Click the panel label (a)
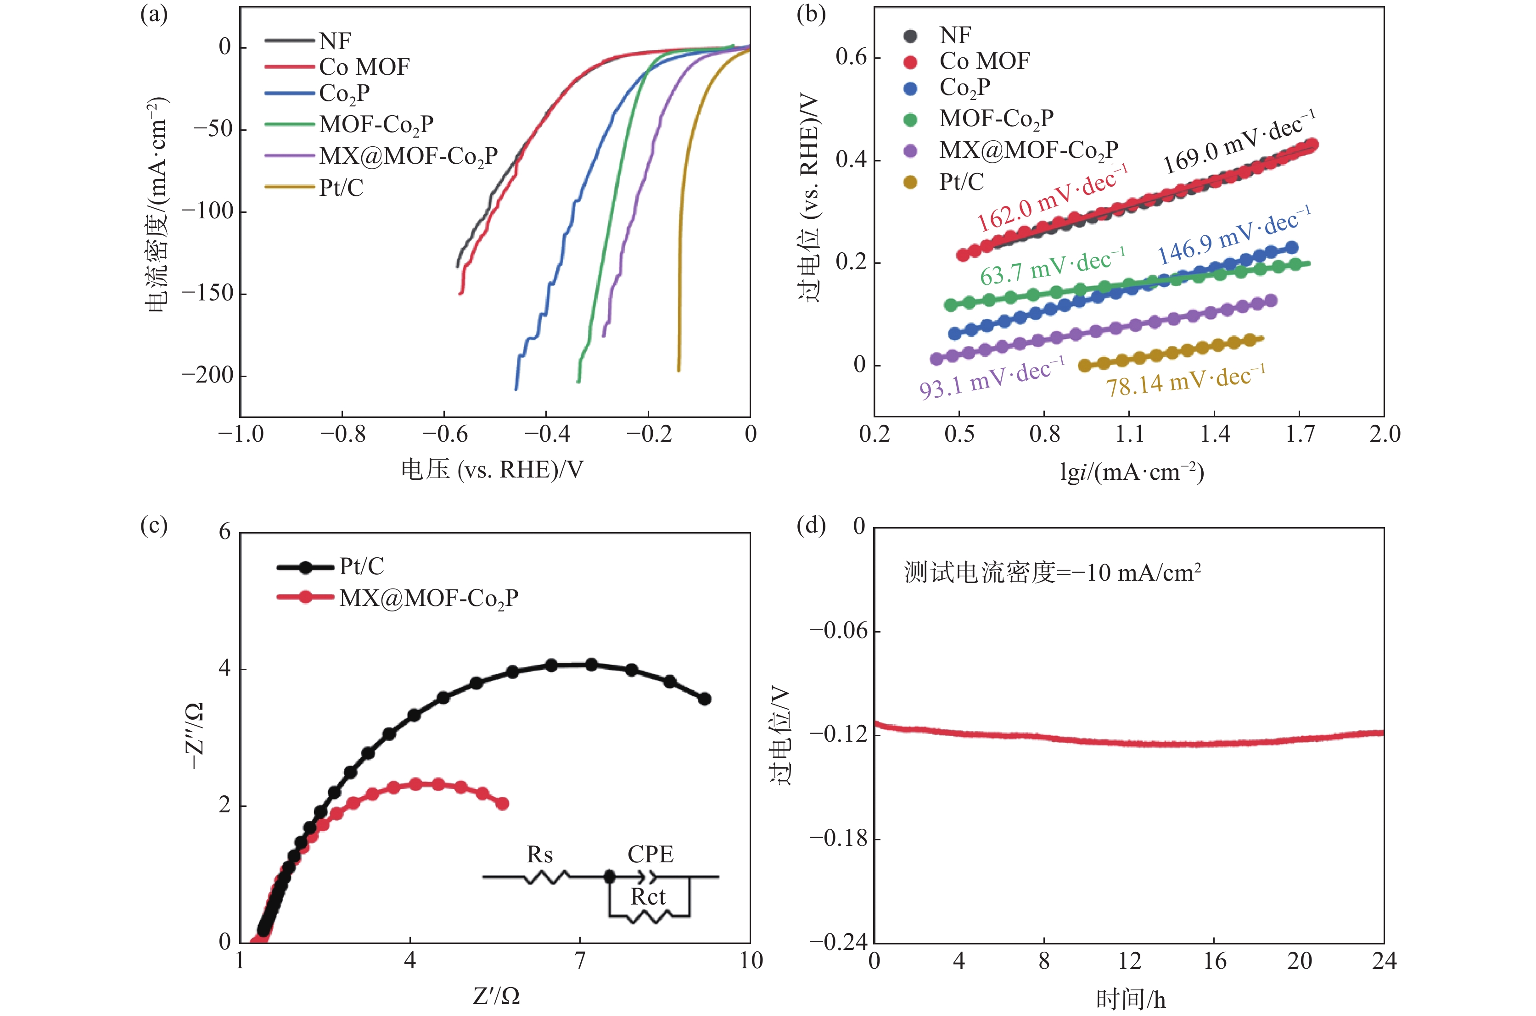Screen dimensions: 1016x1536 click(x=154, y=14)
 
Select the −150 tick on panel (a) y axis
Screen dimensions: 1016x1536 click(x=206, y=294)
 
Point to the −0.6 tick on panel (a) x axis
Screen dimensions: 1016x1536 click(x=444, y=434)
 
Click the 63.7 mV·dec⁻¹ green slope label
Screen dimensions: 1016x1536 click(x=1052, y=266)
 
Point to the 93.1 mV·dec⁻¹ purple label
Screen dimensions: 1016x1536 click(x=992, y=378)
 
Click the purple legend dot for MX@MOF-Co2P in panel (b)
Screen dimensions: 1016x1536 click(x=910, y=151)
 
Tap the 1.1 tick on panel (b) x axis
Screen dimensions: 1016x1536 click(x=1129, y=434)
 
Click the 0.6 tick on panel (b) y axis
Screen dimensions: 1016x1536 click(x=851, y=58)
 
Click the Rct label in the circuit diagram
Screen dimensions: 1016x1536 click(x=648, y=897)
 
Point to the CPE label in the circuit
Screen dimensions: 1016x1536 click(x=650, y=855)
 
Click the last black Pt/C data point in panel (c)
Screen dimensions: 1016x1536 click(x=705, y=699)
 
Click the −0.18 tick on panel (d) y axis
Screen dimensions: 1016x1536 click(x=838, y=838)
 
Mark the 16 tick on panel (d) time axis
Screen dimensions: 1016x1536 click(x=1214, y=961)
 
